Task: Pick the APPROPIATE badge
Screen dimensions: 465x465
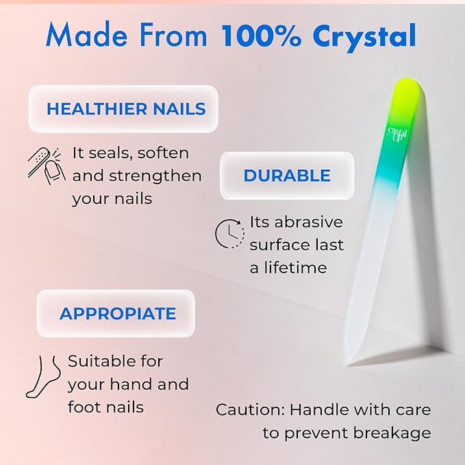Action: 117,314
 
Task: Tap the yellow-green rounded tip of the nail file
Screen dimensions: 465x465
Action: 407,92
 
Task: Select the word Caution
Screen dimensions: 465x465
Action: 248,410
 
